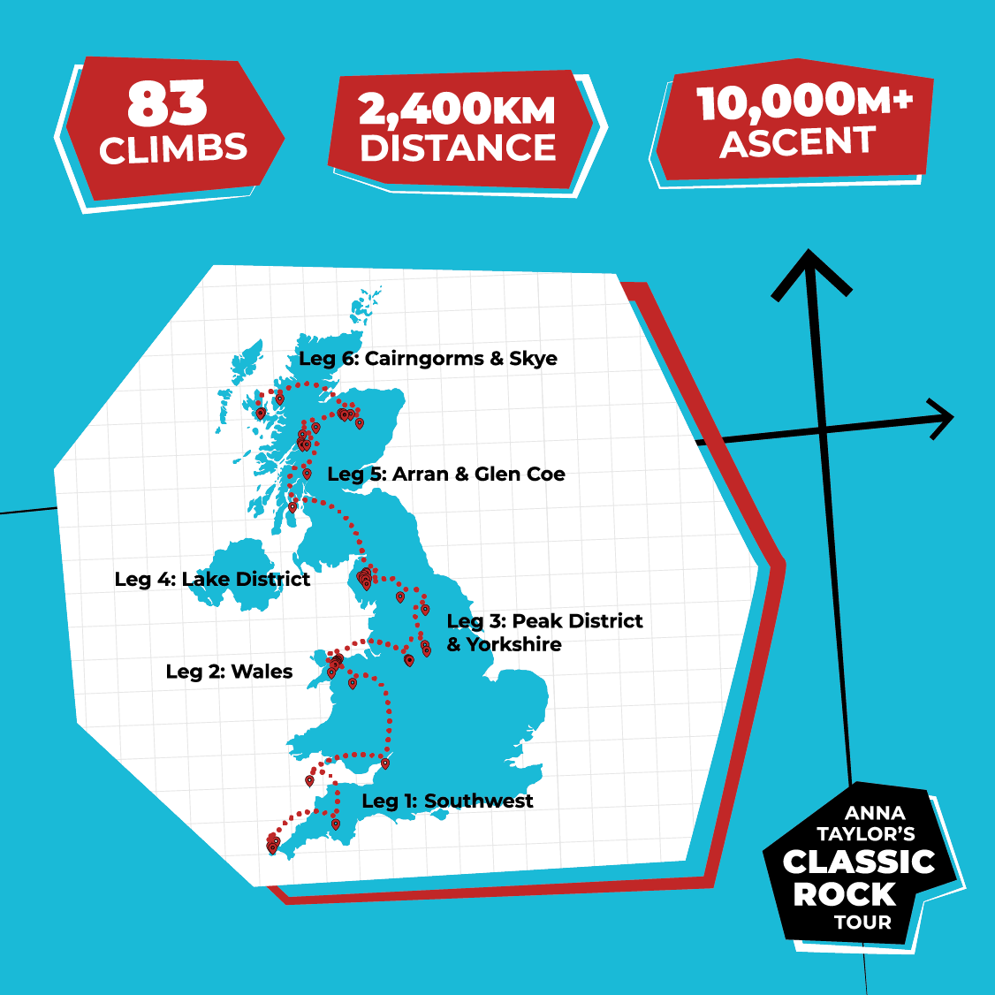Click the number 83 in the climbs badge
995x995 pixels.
(167, 104)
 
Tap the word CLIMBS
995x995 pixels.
(173, 148)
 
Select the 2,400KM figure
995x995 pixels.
(457, 110)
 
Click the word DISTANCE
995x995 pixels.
(458, 148)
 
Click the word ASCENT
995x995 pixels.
(798, 141)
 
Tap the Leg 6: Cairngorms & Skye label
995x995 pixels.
(428, 358)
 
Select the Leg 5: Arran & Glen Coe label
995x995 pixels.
(445, 474)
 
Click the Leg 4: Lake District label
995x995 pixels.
(212, 579)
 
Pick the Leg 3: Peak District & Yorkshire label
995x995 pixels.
(544, 633)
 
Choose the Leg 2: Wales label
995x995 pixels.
(229, 672)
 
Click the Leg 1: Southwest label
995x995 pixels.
(447, 801)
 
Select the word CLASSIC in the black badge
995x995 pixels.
(858, 862)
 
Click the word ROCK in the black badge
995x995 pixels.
(844, 894)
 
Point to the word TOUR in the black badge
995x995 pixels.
(862, 923)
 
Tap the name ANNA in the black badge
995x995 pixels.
(874, 813)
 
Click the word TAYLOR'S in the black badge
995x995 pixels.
(865, 834)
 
